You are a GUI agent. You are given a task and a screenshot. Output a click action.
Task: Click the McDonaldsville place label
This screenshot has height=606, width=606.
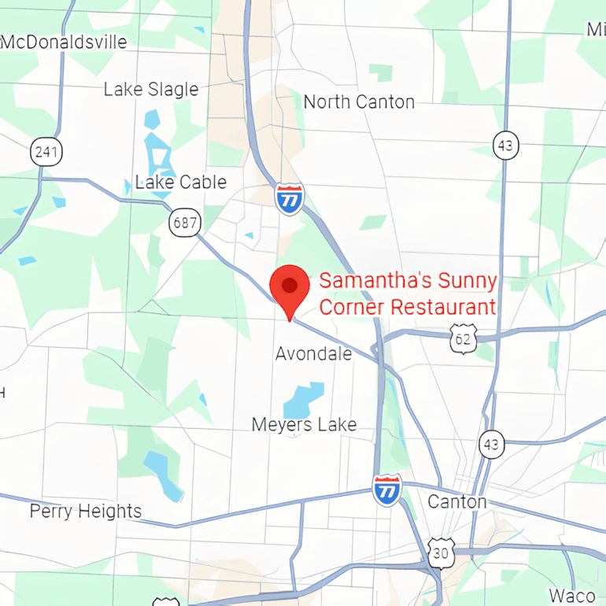click(x=64, y=42)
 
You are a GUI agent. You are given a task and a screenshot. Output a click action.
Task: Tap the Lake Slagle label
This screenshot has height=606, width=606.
click(x=151, y=89)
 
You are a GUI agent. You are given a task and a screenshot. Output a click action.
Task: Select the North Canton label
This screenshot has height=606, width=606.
click(x=359, y=102)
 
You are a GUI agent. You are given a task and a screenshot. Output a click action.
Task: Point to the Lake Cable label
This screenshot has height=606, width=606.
click(x=181, y=182)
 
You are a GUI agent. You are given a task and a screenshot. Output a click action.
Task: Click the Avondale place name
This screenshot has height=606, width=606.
click(x=313, y=353)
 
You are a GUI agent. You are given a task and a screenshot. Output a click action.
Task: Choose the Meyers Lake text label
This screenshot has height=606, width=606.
click(x=304, y=424)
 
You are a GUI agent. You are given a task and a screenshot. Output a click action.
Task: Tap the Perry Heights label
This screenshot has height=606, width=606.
click(x=86, y=511)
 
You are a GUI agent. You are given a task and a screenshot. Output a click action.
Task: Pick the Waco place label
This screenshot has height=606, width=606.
click(x=572, y=595)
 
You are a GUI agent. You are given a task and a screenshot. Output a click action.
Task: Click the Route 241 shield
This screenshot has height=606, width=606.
click(x=47, y=151)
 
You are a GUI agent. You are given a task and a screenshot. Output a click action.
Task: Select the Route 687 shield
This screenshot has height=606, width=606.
click(x=185, y=223)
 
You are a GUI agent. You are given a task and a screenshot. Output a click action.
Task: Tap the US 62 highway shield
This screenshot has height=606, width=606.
click(x=464, y=339)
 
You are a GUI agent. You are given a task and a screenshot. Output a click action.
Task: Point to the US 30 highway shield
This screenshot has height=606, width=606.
click(x=441, y=552)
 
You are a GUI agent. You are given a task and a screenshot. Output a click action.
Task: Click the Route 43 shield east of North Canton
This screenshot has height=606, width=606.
click(x=506, y=146)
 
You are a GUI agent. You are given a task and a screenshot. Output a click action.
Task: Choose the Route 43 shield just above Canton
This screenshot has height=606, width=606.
click(x=492, y=445)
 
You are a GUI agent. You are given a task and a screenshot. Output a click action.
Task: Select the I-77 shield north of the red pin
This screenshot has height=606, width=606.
click(x=290, y=199)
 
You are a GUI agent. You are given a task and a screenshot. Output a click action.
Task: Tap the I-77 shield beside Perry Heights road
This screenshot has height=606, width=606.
click(x=386, y=490)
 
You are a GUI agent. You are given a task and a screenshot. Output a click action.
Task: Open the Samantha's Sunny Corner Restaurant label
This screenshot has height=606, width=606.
click(x=408, y=294)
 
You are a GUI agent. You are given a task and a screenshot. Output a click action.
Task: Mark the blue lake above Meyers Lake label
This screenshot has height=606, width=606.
click(x=304, y=400)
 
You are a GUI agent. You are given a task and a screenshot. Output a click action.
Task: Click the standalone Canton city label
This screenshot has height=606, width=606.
click(x=456, y=501)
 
